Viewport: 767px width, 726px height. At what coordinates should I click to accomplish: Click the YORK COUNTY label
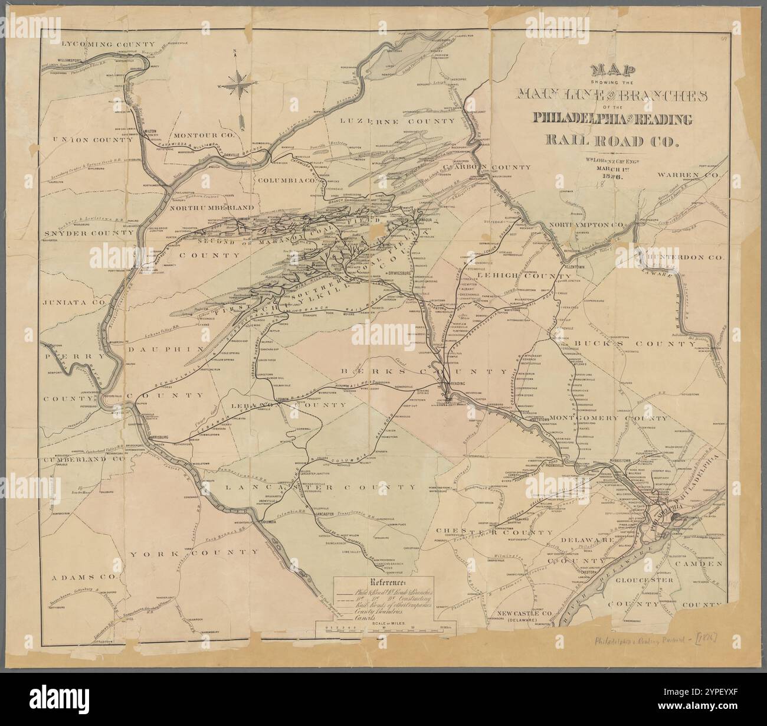tap(194, 553)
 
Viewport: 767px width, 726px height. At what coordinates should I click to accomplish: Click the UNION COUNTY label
tap(87, 140)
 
